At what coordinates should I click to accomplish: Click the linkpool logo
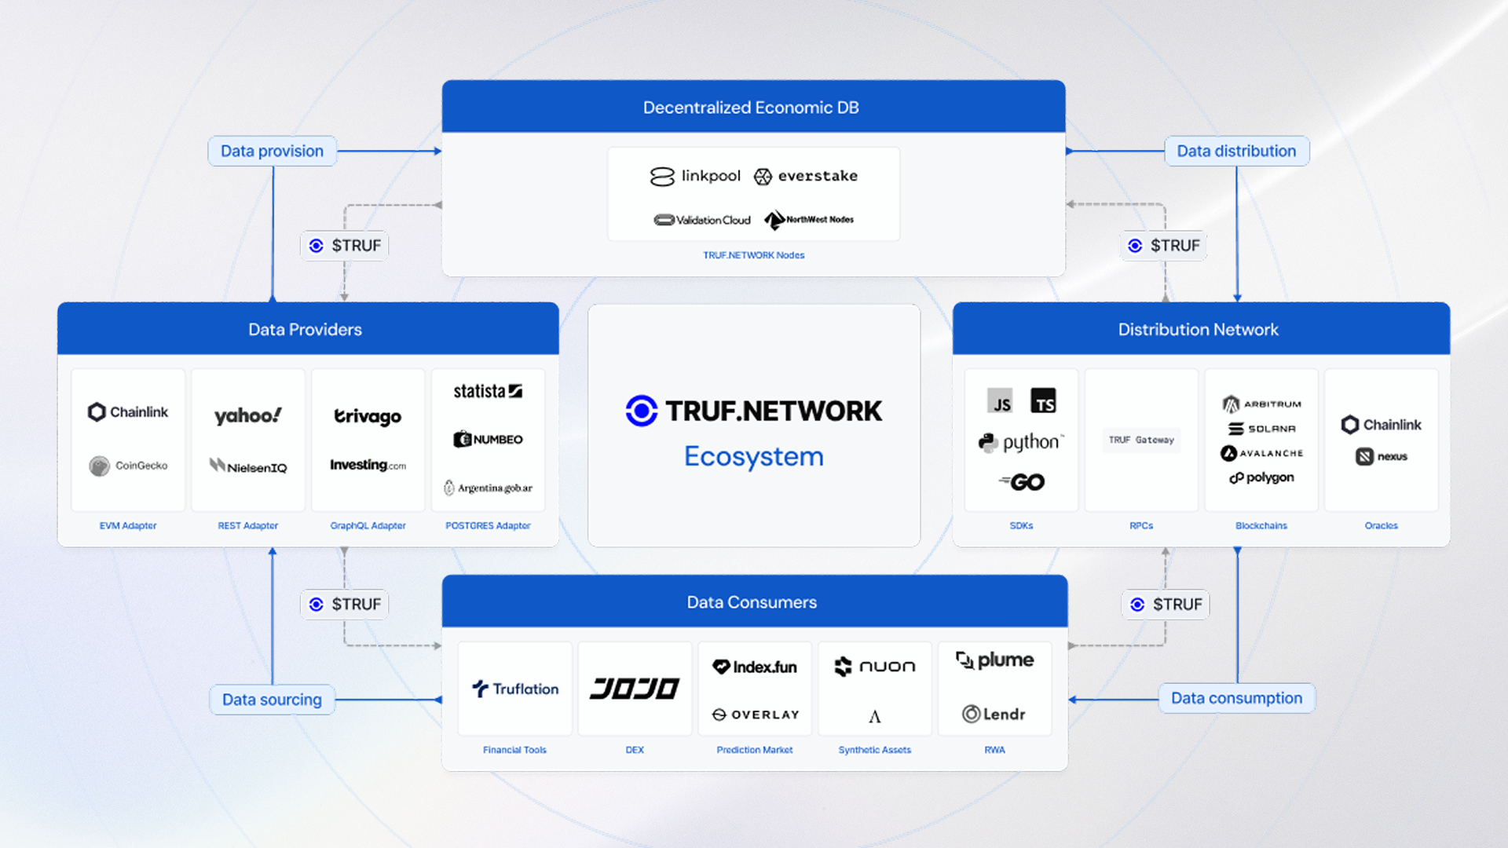695,176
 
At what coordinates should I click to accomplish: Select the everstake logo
806,176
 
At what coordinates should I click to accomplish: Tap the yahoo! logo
247,415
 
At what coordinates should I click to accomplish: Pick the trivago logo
368,415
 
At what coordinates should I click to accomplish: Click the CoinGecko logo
128,466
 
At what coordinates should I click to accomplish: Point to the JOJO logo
635,689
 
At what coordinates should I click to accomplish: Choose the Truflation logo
515,689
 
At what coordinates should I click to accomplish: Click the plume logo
994,660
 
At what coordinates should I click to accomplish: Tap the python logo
1021,442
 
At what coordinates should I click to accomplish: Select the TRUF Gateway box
1141,440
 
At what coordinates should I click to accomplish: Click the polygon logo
1261,477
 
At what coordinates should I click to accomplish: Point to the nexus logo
1382,456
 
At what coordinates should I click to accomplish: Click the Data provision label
272,151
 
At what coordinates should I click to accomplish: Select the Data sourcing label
272,700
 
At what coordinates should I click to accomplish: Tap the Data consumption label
1236,698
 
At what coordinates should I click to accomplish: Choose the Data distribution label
1236,151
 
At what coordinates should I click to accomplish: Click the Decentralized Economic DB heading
751,108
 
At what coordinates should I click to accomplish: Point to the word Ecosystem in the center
754,456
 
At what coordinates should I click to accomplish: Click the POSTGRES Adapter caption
488,525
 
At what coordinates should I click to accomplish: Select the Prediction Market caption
755,750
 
